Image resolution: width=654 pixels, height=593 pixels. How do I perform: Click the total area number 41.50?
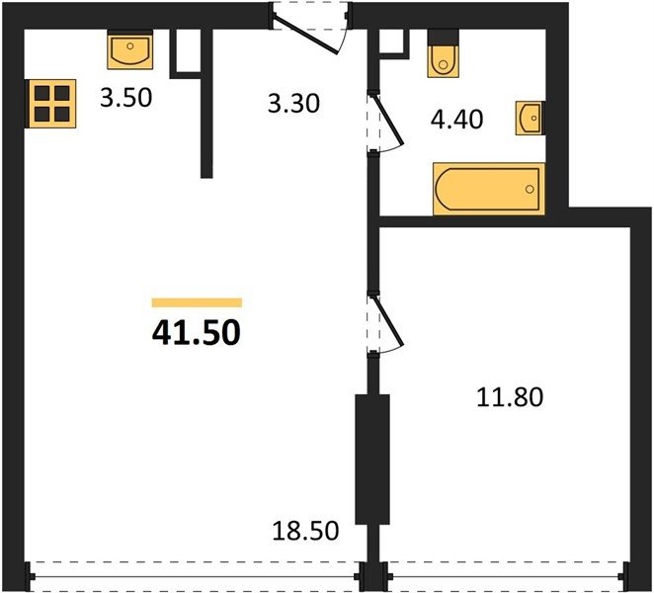coord(197,333)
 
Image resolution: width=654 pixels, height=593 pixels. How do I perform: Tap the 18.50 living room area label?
coord(305,531)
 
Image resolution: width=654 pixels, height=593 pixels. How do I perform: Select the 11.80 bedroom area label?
coord(510,397)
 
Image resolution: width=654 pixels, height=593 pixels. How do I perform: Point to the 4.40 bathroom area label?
coord(456,119)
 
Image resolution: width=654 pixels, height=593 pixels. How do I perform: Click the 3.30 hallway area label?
coord(293,103)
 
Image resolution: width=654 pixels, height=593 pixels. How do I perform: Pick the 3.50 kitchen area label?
coord(126,98)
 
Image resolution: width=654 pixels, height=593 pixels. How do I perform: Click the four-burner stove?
coord(51,104)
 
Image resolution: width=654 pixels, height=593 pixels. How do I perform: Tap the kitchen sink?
coord(130,50)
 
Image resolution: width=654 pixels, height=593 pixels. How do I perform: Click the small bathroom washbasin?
coord(531,118)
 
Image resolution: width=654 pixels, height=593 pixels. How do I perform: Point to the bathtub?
coord(489,189)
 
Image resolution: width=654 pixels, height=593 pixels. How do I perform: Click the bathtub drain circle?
coord(530,189)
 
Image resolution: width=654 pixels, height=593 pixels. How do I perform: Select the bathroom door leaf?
coord(389,120)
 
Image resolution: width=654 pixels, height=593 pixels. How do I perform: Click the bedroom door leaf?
coord(389,321)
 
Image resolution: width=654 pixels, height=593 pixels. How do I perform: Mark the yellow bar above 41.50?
coord(197,302)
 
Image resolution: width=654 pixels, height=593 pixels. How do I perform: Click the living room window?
coord(195,577)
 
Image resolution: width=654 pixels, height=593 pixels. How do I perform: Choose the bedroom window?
coord(506,577)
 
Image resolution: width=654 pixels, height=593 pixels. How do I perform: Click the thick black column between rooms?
coord(372,459)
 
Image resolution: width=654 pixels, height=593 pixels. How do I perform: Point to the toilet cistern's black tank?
coord(443,38)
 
